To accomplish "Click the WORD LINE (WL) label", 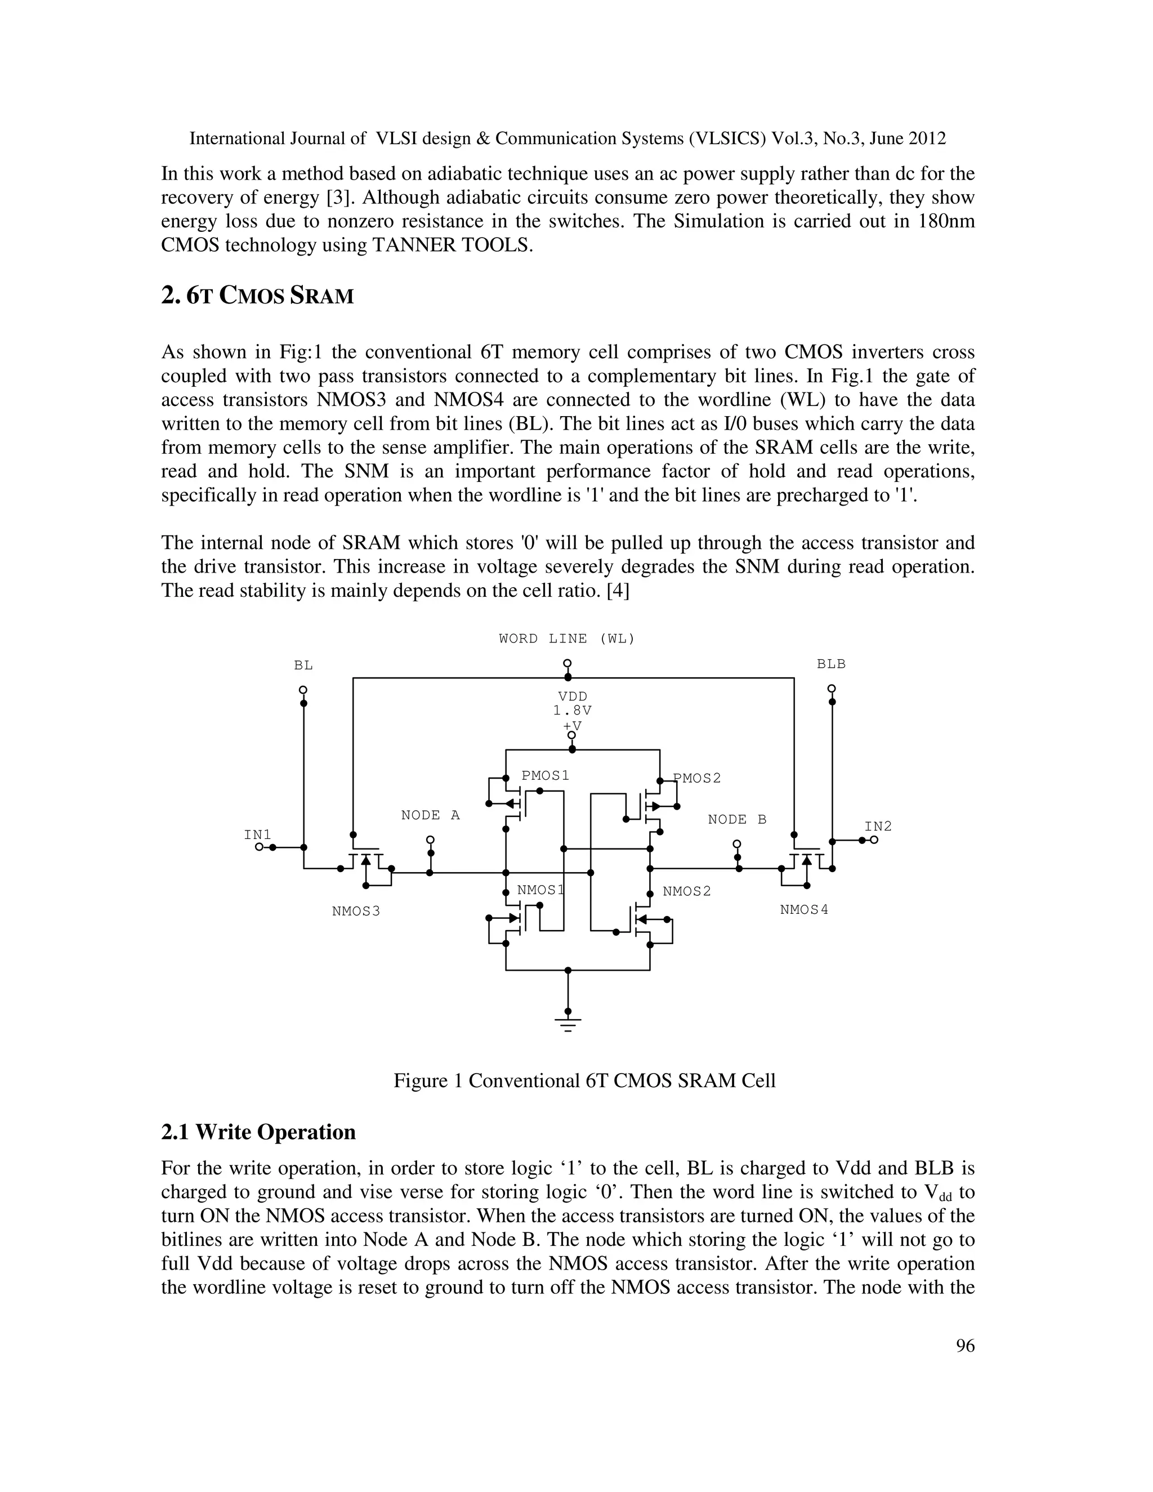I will tap(566, 639).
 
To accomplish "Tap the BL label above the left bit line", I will tap(303, 665).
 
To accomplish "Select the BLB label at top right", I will tap(830, 663).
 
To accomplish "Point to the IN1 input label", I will tap(257, 835).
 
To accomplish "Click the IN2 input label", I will tap(878, 827).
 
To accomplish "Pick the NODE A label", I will tap(430, 816).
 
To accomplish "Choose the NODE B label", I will tap(737, 820).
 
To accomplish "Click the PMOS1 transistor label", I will tap(545, 775).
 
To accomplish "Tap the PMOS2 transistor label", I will tap(698, 778).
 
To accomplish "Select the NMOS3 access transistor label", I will tap(356, 912).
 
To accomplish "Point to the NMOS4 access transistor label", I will tap(804, 910).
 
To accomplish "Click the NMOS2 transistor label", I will tap(686, 891).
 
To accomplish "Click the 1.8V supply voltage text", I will tap(573, 711).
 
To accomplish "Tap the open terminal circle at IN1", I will tap(259, 847).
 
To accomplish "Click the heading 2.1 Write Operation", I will tap(258, 1132).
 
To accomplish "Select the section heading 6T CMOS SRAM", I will tap(257, 296).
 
